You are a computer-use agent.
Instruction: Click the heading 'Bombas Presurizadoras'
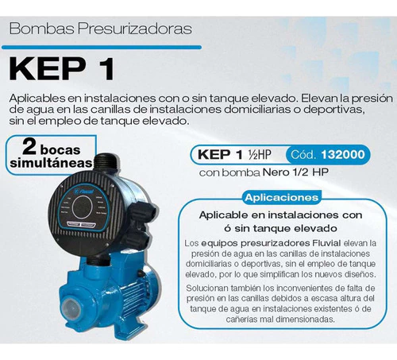coord(101,29)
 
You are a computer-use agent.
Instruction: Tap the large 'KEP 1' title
coord(62,69)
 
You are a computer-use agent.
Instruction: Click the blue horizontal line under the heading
coord(102,48)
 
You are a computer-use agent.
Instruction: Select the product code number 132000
coord(343,154)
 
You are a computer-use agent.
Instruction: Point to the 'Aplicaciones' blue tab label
coord(282,198)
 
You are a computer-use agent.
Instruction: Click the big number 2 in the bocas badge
coord(29,147)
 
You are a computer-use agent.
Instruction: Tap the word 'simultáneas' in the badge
coord(52,163)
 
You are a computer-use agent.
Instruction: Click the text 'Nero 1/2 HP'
coord(295,172)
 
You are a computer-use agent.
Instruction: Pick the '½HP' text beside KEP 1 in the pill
coord(260,155)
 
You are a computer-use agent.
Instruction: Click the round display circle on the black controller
coord(83,207)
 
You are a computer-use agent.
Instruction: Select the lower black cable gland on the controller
coord(137,240)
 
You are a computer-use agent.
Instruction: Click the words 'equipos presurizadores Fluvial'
coord(271,243)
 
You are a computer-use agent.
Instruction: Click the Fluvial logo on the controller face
coord(85,191)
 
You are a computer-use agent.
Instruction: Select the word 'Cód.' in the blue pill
coord(303,154)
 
